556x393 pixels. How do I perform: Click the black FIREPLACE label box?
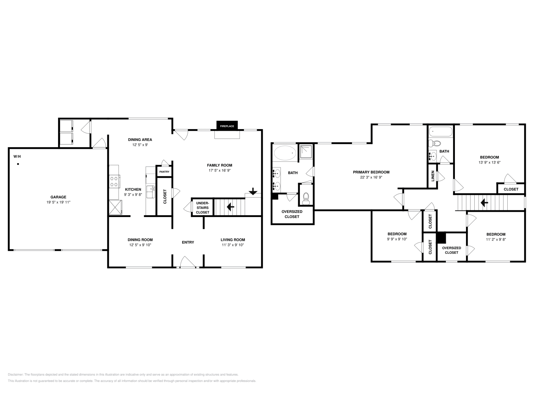(x=227, y=126)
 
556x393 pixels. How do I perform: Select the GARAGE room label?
(x=58, y=197)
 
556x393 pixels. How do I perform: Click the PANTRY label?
(x=164, y=172)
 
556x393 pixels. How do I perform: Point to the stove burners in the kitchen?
(x=114, y=181)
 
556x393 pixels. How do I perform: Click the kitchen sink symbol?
(x=150, y=189)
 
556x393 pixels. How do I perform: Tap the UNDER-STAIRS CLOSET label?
(x=203, y=208)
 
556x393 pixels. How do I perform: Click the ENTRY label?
(x=188, y=242)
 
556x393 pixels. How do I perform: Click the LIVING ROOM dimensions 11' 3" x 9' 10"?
(x=233, y=245)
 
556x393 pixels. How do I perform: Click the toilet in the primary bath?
(x=306, y=198)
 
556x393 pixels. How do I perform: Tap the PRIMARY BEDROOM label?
(x=371, y=172)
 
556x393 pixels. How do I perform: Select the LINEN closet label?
(x=433, y=176)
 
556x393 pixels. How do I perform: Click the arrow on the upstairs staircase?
(x=484, y=202)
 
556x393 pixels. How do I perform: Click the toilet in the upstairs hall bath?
(x=435, y=143)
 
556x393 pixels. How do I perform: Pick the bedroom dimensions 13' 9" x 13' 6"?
(x=489, y=162)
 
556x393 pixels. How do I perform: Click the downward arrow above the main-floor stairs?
(x=253, y=191)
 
